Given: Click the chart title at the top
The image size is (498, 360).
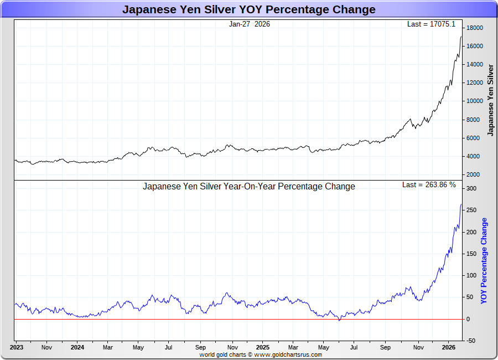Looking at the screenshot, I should point(248,9).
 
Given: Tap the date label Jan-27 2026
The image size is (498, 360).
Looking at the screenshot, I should point(249,24).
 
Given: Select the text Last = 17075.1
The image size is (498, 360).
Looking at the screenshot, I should point(431,24).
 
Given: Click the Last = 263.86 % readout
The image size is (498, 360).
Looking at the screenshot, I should point(429,184).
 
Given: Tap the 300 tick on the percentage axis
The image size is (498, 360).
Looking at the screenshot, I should point(471,189).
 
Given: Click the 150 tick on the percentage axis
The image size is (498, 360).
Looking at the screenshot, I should point(471,254).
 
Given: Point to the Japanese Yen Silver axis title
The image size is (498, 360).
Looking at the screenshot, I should point(490,100).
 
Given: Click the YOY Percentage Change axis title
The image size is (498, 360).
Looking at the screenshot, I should point(484,260).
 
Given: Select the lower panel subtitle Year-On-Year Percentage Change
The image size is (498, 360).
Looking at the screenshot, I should point(249,187).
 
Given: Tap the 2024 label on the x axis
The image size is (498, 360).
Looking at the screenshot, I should point(77,348).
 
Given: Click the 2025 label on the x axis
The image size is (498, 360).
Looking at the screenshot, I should point(263,348).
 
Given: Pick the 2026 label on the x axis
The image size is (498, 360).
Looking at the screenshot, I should point(448,348).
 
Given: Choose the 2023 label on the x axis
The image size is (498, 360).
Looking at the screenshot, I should point(17,348).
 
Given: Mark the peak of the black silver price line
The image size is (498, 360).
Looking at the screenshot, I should point(461,37).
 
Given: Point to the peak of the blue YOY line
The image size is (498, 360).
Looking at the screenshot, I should point(461,204).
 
